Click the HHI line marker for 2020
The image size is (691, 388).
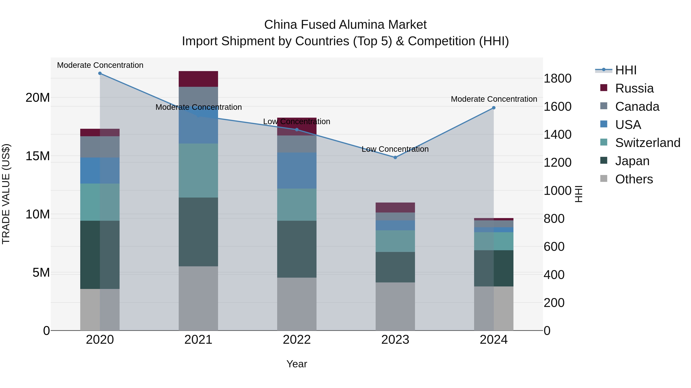click(100, 73)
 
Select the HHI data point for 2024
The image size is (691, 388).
click(493, 108)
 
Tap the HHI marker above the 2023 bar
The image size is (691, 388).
click(395, 157)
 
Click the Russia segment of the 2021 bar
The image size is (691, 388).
click(198, 79)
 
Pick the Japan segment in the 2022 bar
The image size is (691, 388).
click(297, 249)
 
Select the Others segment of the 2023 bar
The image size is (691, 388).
click(395, 306)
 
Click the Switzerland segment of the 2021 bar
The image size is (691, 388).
click(198, 171)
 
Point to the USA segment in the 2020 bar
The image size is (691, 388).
click(100, 171)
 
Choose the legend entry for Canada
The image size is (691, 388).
click(637, 107)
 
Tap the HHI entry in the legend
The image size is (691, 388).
click(626, 70)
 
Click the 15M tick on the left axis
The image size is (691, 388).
click(38, 156)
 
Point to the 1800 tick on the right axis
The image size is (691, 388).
click(557, 79)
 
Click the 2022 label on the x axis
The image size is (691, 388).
click(297, 340)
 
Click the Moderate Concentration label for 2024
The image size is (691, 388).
click(493, 99)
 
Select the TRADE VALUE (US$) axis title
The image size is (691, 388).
click(6, 194)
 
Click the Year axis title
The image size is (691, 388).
click(297, 364)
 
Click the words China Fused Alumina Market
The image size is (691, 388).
click(345, 25)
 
